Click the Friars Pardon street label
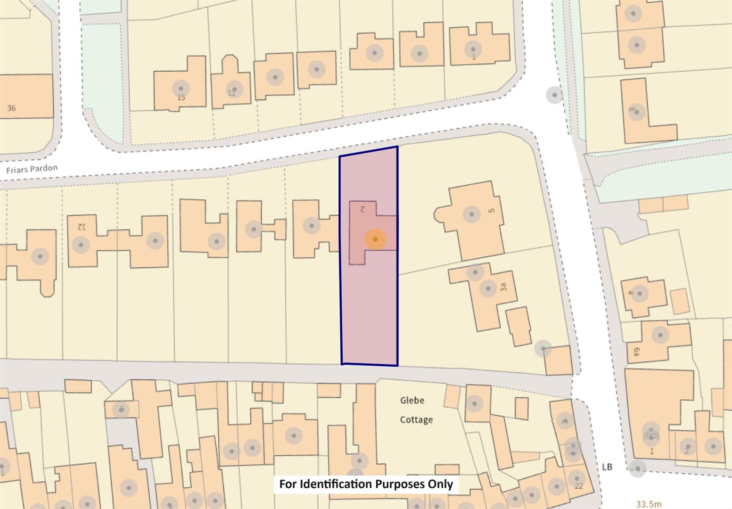pos(32,169)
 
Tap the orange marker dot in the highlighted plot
pos(375,239)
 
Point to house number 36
pos(11,108)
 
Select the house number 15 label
pos(181,98)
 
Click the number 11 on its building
pos(231,93)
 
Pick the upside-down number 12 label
pos(82,227)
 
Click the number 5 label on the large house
pos(492,211)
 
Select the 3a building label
pos(503,287)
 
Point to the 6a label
pos(636,352)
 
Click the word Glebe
pos(412,401)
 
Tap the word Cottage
pos(416,419)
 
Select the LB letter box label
pos(607,467)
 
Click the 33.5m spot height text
pos(649,504)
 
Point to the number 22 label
pos(579,485)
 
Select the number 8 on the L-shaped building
pos(632,109)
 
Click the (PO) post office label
pos(651,436)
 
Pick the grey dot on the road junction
pos(554,95)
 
